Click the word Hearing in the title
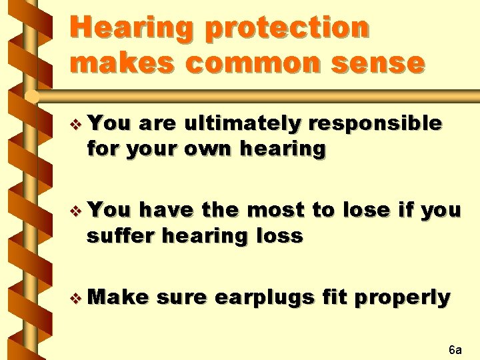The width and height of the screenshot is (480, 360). coord(131,29)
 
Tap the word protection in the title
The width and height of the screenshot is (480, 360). coord(287,29)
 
